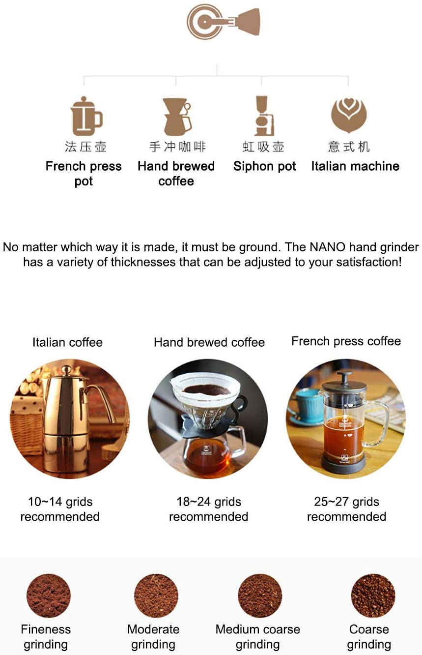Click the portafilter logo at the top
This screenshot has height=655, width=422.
click(x=223, y=22)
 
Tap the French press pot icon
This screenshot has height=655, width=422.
click(x=85, y=117)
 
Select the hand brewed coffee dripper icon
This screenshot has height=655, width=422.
click(x=176, y=117)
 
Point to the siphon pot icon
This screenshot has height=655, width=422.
click(x=264, y=116)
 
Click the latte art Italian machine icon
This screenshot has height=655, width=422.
click(x=349, y=115)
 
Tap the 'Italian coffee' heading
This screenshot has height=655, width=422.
click(x=67, y=342)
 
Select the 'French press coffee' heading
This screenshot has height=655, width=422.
click(x=346, y=341)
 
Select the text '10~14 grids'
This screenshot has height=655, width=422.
click(x=60, y=502)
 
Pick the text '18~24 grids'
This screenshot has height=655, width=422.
click(x=209, y=502)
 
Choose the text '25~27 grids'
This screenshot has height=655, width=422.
click(x=346, y=502)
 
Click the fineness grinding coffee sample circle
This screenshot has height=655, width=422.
click(x=49, y=595)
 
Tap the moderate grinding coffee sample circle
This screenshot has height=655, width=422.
click(x=156, y=595)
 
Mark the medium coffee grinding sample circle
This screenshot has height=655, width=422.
click(x=260, y=595)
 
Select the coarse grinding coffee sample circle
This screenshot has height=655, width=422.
click(x=373, y=595)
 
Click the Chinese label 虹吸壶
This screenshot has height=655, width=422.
click(x=263, y=147)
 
